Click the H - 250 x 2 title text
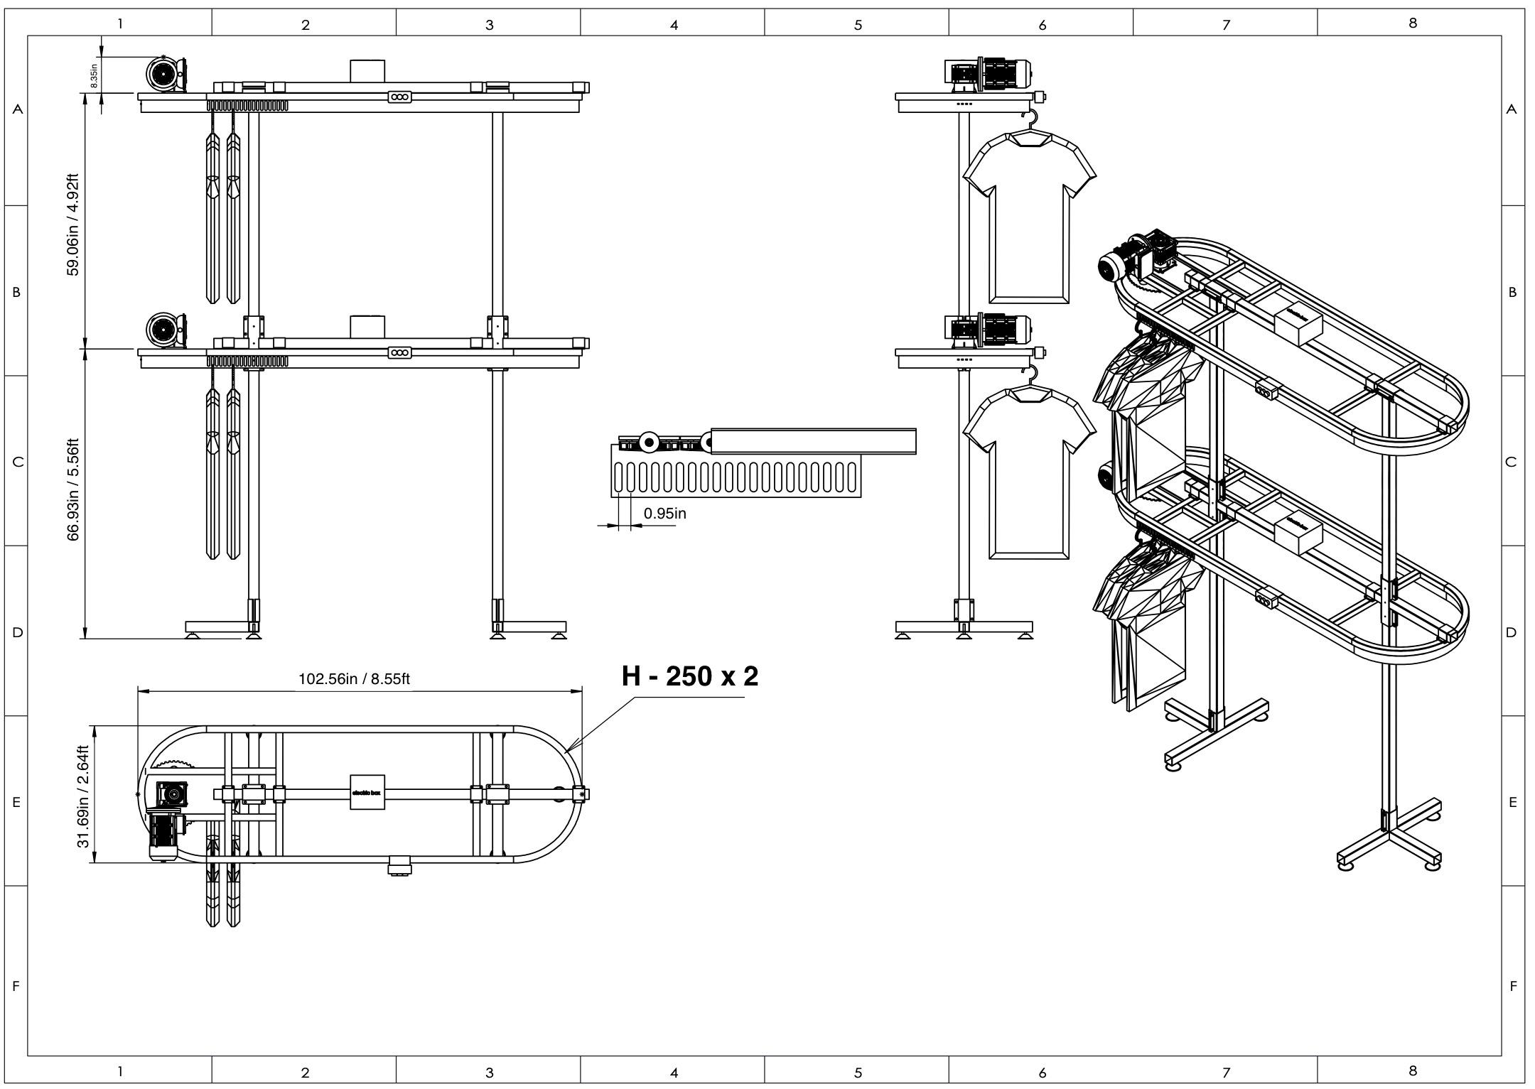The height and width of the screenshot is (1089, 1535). pos(689,676)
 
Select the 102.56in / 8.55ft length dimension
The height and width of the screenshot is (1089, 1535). pos(353,678)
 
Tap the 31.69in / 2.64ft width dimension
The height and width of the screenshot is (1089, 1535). pos(84,796)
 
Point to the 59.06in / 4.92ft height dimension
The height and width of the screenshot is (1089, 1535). pos(73,224)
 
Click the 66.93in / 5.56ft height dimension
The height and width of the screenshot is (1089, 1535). pos(73,489)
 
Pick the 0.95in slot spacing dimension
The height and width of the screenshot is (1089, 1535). pos(664,513)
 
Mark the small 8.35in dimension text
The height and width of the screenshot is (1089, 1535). pos(94,76)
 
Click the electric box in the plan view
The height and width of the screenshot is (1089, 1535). pos(367,792)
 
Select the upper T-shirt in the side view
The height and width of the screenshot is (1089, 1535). pos(1028,213)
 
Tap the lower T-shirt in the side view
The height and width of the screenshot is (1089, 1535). pos(1028,470)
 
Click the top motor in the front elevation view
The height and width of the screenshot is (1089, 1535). pos(165,74)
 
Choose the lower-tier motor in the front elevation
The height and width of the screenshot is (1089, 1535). pos(165,330)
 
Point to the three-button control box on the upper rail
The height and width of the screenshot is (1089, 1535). pos(399,97)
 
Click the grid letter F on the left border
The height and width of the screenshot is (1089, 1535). pos(16,985)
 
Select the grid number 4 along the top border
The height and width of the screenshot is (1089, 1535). pos(673,25)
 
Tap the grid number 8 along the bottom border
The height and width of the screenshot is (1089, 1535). pos(1412,1070)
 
